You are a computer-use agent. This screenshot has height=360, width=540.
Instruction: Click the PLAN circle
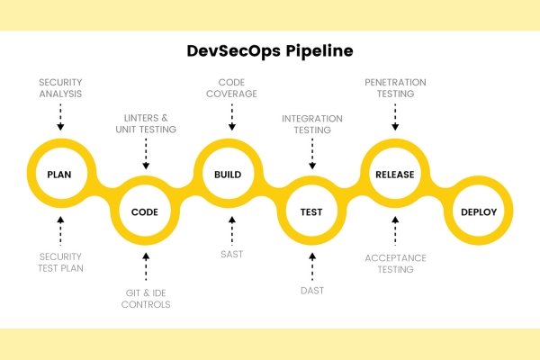point(61,174)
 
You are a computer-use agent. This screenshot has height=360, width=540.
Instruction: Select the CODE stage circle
point(146,212)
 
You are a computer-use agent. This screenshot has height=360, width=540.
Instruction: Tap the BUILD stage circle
point(229,174)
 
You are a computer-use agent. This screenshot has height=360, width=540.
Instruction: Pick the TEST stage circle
point(311,212)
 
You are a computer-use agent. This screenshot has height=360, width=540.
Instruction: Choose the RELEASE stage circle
point(394,174)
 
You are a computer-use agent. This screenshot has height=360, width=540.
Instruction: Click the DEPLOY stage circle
point(479,212)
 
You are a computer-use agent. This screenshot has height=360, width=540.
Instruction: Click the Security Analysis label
point(61,88)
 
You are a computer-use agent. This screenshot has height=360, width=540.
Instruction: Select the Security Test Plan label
point(61,262)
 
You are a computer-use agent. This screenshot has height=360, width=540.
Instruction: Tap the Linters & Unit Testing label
point(146,123)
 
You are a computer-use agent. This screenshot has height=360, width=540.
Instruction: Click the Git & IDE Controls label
point(146,298)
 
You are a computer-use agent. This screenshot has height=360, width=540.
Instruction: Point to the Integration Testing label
point(311,123)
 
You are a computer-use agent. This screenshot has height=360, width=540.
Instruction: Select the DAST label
point(311,291)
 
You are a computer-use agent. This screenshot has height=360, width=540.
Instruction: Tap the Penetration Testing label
point(394,88)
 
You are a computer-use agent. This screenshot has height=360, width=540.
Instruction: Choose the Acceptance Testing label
point(394,262)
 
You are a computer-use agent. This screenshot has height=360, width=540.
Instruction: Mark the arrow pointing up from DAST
point(311,265)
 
